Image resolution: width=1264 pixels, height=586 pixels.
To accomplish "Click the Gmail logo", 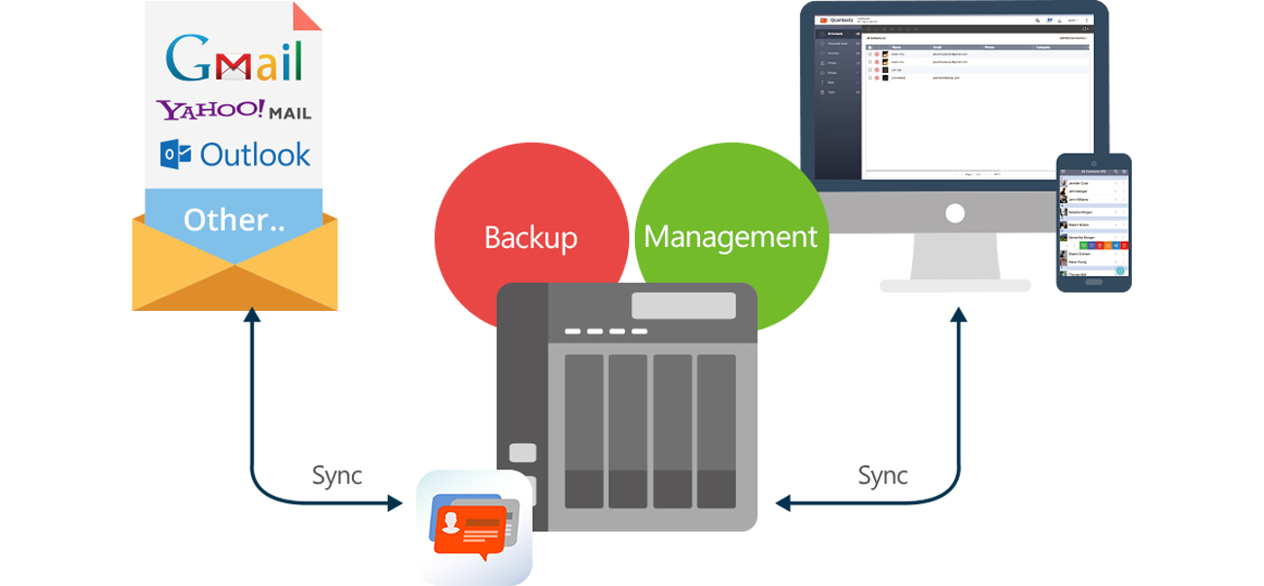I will pyautogui.click(x=234, y=59).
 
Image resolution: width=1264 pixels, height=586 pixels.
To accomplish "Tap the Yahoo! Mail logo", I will pyautogui.click(x=233, y=110).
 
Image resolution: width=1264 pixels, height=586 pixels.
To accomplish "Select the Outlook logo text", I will pyautogui.click(x=255, y=154).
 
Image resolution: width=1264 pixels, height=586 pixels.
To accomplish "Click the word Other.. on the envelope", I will pyautogui.click(x=233, y=220).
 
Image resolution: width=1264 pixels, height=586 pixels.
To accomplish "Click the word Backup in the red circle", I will pyautogui.click(x=531, y=237).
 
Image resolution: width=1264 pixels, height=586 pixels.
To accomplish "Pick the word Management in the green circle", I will pyautogui.click(x=730, y=236).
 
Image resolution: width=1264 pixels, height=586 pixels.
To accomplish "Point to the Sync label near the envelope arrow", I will pyautogui.click(x=336, y=475).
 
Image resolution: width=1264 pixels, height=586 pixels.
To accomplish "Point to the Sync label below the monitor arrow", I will pyautogui.click(x=883, y=475).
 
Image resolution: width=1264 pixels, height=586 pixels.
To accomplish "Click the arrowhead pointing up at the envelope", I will pyautogui.click(x=252, y=315).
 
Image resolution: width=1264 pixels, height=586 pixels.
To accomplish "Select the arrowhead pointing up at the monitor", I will pyautogui.click(x=960, y=315).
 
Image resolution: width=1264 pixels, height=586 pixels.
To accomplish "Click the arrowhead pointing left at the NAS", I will pyautogui.click(x=783, y=503).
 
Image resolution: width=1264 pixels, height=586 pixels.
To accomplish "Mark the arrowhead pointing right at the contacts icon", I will pyautogui.click(x=395, y=503).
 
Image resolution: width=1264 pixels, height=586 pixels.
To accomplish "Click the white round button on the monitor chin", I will pyautogui.click(x=955, y=213).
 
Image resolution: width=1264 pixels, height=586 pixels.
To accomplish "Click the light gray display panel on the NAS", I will pyautogui.click(x=684, y=305).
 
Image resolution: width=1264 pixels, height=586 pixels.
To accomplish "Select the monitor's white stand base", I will pyautogui.click(x=955, y=286).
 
